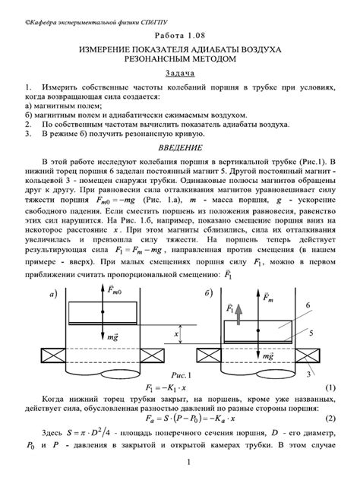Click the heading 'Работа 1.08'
179,36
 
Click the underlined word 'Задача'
179,74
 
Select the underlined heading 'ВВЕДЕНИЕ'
179,146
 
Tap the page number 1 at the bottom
179,463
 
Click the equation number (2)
330,418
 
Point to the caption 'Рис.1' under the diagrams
179,374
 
